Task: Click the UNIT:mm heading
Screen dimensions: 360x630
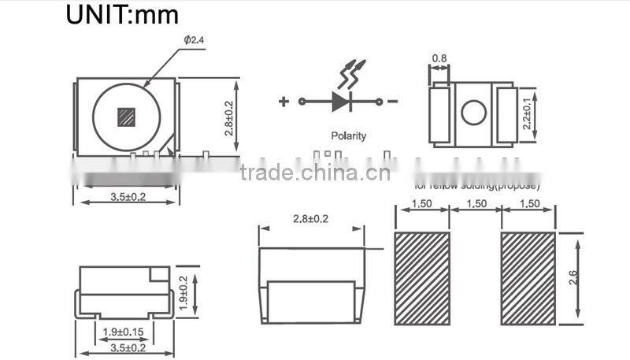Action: coord(122,14)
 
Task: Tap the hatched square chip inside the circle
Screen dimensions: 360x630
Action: coord(126,117)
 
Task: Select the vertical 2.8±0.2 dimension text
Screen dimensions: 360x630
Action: coord(228,117)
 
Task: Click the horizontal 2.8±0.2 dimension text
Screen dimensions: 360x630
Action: coord(310,218)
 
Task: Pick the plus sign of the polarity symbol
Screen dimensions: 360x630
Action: coord(283,102)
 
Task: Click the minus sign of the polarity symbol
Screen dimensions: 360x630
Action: coord(392,102)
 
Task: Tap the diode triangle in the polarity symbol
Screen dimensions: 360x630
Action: coord(340,102)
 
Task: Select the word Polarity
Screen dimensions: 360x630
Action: coord(349,135)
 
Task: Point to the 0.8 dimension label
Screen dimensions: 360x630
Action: coord(439,58)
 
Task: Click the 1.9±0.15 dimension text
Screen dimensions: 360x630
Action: coord(123,332)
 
